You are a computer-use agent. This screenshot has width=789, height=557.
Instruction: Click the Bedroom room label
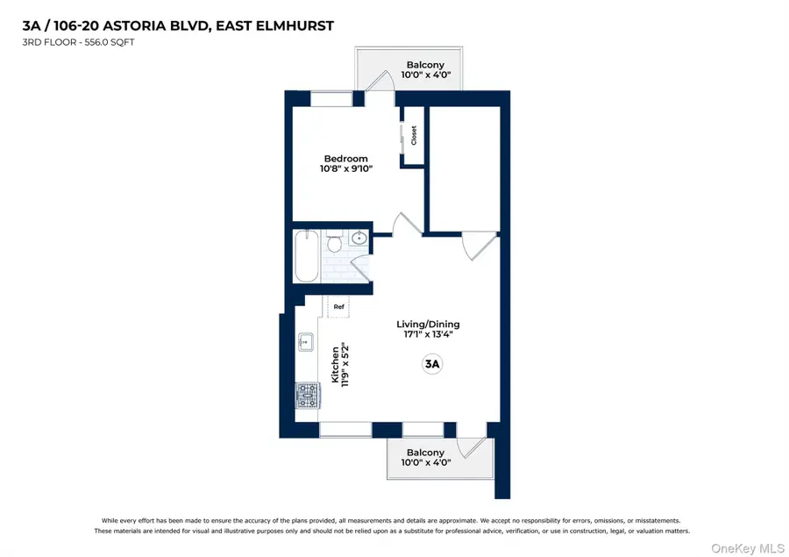point(345,159)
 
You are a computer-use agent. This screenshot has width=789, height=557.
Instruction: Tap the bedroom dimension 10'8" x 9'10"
point(345,169)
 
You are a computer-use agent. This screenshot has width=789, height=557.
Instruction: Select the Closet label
point(414,136)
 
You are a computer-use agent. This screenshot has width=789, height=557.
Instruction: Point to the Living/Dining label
point(427,324)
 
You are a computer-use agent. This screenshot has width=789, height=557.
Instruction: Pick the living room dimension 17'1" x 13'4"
point(427,334)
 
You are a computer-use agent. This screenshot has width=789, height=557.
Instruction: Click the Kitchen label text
point(335,364)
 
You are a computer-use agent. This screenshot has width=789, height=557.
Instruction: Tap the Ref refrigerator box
point(338,307)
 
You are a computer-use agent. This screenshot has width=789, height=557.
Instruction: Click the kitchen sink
point(306,342)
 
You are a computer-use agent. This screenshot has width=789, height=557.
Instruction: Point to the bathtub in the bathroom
point(306,255)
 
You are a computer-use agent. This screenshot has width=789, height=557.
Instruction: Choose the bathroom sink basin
point(359,238)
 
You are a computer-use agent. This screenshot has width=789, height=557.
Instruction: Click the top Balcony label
point(424,65)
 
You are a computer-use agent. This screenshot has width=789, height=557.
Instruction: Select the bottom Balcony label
point(424,453)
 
